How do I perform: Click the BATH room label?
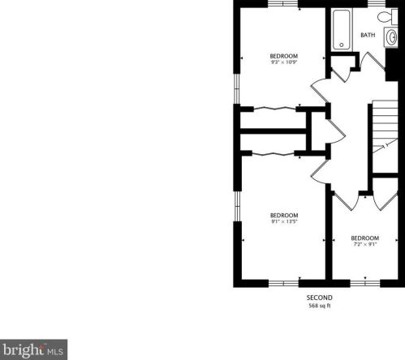pos(368,35)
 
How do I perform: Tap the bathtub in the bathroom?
pos(339,28)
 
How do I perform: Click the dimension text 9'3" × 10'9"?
pos(283,62)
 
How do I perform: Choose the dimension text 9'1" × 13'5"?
pos(283,221)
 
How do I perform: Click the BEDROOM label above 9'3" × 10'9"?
pos(283,55)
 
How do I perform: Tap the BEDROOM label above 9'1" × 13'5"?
pos(283,215)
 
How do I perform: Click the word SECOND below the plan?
pos(317,298)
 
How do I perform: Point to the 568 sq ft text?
pos(317,306)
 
